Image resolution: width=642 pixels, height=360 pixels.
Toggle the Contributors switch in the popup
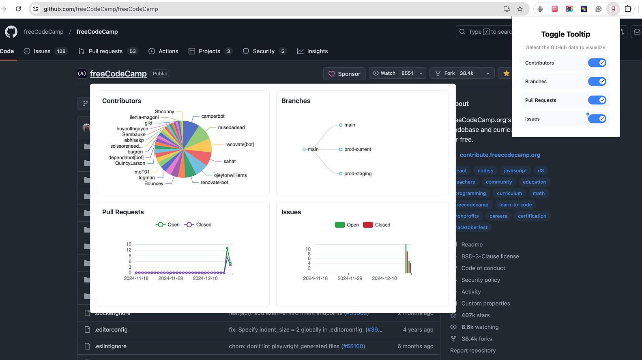pyautogui.click(x=597, y=63)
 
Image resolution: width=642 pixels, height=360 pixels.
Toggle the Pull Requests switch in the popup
pyautogui.click(x=597, y=100)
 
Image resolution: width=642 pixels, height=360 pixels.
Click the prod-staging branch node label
pyautogui.click(x=358, y=174)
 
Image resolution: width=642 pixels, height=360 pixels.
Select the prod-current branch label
pyautogui.click(x=357, y=149)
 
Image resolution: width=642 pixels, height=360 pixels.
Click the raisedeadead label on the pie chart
pyautogui.click(x=231, y=127)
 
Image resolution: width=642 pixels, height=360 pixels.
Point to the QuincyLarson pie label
pyautogui.click(x=130, y=163)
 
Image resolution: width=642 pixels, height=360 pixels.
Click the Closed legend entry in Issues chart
pyautogui.click(x=377, y=225)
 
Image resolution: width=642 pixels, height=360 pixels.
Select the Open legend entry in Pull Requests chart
pyautogui.click(x=168, y=225)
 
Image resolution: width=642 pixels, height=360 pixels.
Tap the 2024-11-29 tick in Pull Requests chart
pyautogui.click(x=170, y=278)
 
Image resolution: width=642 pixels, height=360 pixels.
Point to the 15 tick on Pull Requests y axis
pyautogui.click(x=129, y=244)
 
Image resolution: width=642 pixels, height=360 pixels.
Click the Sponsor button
pyautogui.click(x=344, y=74)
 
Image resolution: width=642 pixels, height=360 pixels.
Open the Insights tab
pyautogui.click(x=312, y=51)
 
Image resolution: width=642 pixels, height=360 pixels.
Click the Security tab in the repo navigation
pyautogui.click(x=264, y=51)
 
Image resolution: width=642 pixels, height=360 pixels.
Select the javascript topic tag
pyautogui.click(x=515, y=171)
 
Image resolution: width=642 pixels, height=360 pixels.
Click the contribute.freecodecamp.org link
pyautogui.click(x=500, y=155)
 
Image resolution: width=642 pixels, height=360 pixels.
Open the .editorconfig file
pyautogui.click(x=111, y=330)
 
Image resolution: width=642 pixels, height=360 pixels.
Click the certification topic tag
pyautogui.click(x=532, y=216)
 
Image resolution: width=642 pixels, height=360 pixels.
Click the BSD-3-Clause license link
pyautogui.click(x=490, y=257)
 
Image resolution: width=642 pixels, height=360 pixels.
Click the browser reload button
pyautogui.click(x=18, y=9)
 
